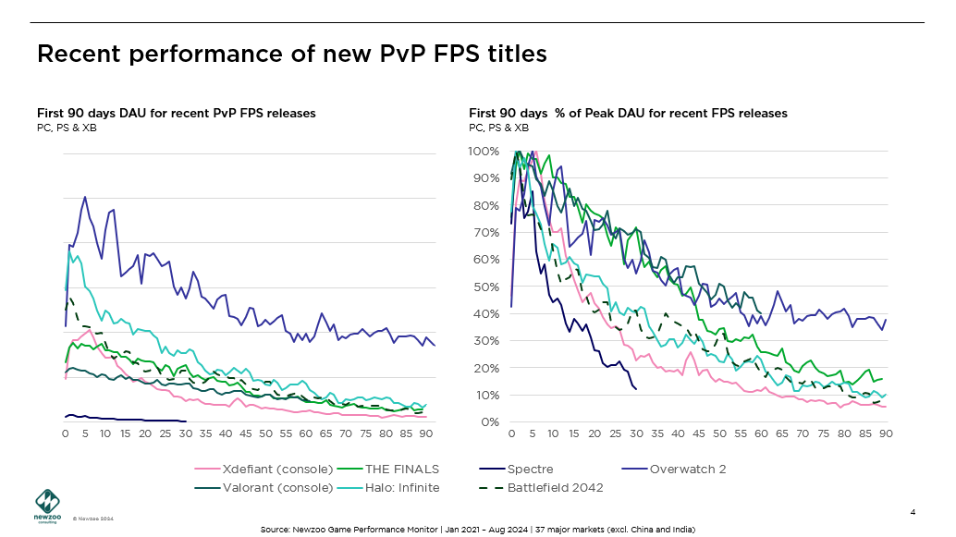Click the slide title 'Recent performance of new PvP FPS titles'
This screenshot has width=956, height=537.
pyautogui.click(x=291, y=55)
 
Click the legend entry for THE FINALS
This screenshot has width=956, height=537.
pyautogui.click(x=401, y=469)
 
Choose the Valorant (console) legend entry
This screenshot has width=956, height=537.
pyautogui.click(x=277, y=487)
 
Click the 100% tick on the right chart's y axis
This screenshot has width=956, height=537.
pyautogui.click(x=484, y=151)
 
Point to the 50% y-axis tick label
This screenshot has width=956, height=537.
pyautogui.click(x=487, y=287)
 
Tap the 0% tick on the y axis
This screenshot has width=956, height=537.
pyautogui.click(x=490, y=422)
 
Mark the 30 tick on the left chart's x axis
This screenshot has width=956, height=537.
pyautogui.click(x=186, y=433)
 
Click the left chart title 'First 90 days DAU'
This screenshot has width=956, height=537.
pyautogui.click(x=177, y=114)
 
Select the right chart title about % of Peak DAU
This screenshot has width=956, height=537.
pyautogui.click(x=628, y=114)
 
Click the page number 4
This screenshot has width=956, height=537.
pyautogui.click(x=913, y=512)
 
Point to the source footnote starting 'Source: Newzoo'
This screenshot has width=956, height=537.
pyautogui.click(x=477, y=530)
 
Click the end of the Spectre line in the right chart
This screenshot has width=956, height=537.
pyautogui.click(x=636, y=389)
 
